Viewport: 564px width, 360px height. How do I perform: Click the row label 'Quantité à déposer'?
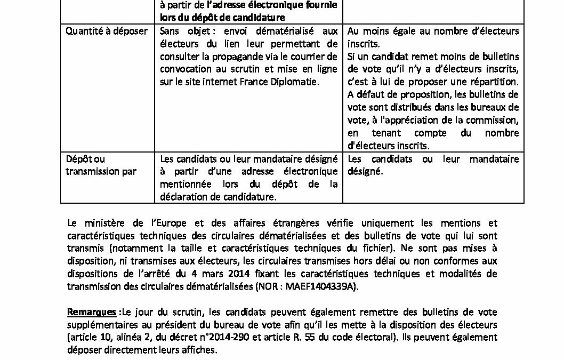click(x=106, y=31)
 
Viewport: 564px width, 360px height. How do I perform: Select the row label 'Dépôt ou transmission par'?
click(x=100, y=165)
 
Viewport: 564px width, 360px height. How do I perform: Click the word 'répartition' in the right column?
click(x=492, y=82)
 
